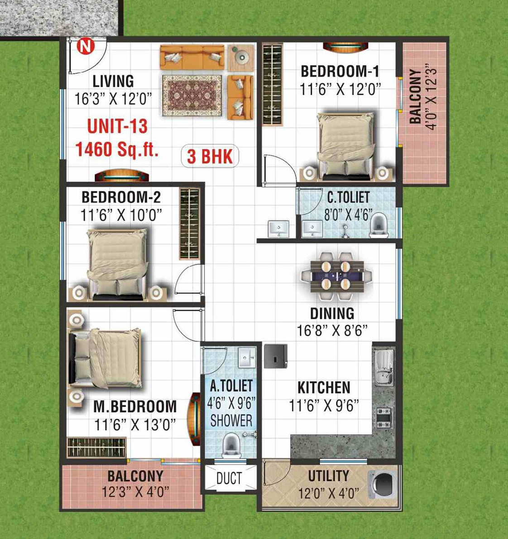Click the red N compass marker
click(85, 46)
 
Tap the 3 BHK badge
click(210, 156)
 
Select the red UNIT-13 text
click(117, 126)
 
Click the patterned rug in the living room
click(192, 96)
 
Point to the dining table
click(337, 276)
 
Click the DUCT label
click(229, 478)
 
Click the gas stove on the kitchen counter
click(384, 418)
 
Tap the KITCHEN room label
click(324, 388)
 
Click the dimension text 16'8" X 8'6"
click(332, 330)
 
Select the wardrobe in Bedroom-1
click(272, 85)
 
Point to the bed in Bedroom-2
click(117, 264)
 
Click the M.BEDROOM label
click(135, 407)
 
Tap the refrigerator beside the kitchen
click(276, 356)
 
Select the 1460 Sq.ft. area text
click(117, 150)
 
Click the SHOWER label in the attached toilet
click(231, 421)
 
